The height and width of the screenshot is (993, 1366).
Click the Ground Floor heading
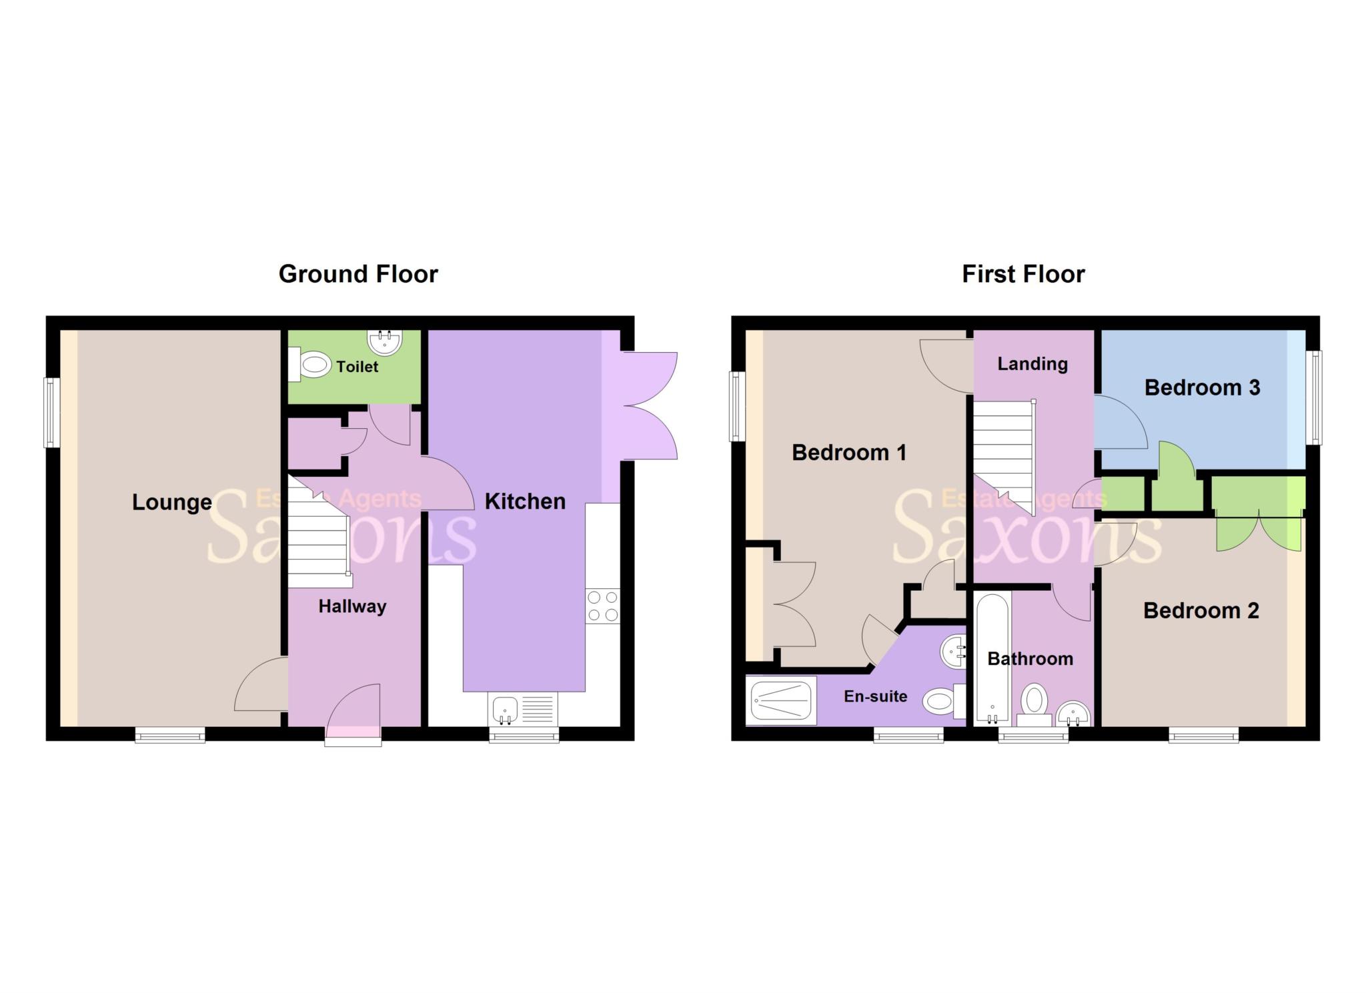358,274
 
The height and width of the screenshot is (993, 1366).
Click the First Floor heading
1023,274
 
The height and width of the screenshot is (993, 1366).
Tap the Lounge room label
171,502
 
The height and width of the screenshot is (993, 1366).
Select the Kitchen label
525,502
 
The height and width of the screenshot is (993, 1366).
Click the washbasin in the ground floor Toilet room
385,342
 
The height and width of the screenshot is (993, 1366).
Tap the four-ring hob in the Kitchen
602,606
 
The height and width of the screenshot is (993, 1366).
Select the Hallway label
352,606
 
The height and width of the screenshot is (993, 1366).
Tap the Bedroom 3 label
1202,387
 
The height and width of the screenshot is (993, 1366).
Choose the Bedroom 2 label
1201,611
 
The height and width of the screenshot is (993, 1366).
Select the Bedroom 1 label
848,453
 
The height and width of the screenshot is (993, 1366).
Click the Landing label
1033,364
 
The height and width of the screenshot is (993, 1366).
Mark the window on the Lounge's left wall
51,412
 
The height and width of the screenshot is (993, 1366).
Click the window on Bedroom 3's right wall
1313,397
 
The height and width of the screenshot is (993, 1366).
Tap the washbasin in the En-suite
954,651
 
